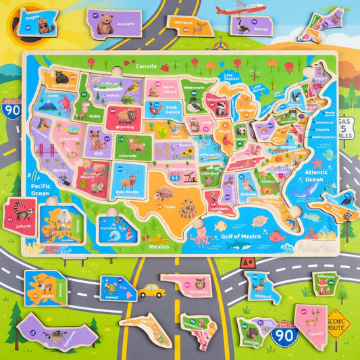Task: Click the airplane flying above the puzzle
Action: tap(240, 9)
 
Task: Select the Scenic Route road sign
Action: tap(338, 324)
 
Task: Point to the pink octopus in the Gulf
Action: tap(201, 237)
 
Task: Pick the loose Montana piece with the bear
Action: tap(113, 24)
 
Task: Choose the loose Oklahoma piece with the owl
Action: tap(186, 284)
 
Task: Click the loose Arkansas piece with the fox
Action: tap(326, 284)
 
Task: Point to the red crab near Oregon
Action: tap(64, 103)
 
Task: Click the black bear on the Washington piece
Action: tap(62, 77)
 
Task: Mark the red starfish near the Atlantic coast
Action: tap(316, 163)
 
